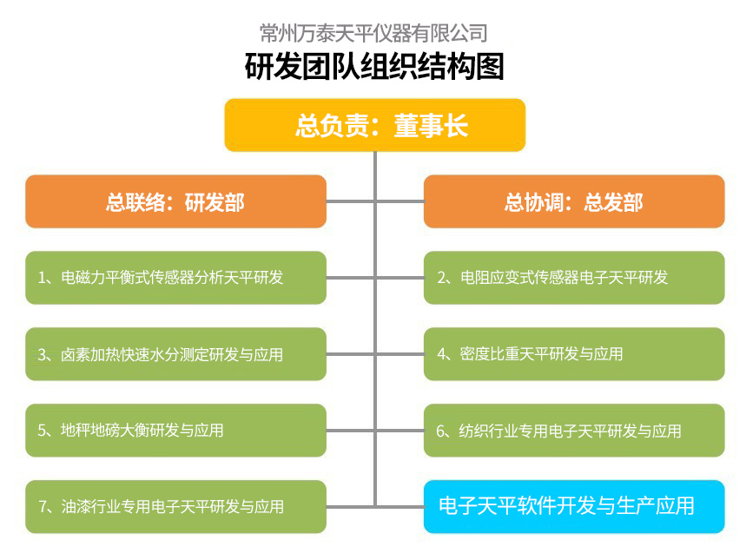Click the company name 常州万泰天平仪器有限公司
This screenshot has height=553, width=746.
coord(373,33)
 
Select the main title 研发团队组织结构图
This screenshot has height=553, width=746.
coord(374,66)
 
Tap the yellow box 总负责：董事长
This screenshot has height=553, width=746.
coord(375,125)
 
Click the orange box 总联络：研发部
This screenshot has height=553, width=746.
coord(175,201)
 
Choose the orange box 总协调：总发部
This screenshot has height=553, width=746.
coord(574,201)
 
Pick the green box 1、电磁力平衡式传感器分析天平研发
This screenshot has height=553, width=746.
coord(175,278)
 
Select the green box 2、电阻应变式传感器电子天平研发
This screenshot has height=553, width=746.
coord(574,278)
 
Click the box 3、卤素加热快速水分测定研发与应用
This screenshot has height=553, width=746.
coord(175,354)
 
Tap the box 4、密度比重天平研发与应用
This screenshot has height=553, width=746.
coord(574,354)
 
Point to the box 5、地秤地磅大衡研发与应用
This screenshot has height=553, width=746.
coord(175,431)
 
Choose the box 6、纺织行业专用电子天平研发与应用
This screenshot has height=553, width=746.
coord(574,431)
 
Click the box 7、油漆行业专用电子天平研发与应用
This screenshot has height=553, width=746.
coord(175,507)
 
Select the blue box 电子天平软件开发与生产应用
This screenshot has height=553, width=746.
coord(574,507)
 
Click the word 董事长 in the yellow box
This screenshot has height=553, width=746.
coord(431,126)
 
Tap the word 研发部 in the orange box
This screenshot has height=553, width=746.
coord(215,202)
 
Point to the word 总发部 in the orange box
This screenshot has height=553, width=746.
coord(614,202)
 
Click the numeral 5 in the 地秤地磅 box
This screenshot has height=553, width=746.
coord(42,431)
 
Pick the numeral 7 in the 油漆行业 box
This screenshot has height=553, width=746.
coord(43,507)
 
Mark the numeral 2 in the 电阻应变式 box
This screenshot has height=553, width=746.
coord(441,278)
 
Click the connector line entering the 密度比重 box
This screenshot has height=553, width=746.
coord(399,354)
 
